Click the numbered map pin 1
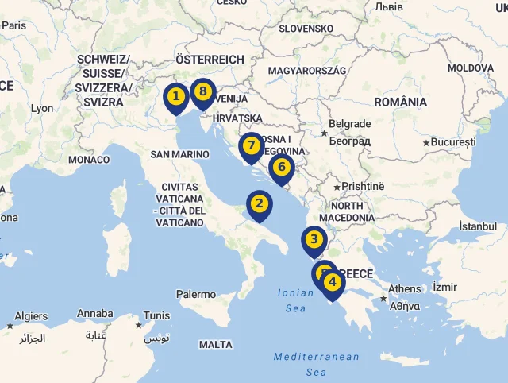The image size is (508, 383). tap(176, 97)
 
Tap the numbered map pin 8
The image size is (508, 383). tap(203, 91)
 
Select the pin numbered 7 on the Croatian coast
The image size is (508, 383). tap(251, 145)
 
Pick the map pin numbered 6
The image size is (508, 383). tap(281, 167)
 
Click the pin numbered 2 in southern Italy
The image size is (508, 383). tap(259, 203)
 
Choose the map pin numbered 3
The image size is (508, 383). tap(314, 240)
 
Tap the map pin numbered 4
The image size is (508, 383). tap(333, 282)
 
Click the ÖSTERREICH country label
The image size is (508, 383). tap(210, 60)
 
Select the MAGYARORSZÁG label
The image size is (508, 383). tap(307, 71)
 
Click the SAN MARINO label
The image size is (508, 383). tap(179, 153)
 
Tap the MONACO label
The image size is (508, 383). tap(89, 160)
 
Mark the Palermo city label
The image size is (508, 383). tap(195, 294)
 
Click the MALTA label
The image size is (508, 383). tap(216, 345)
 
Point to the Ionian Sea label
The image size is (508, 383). tap(295, 300)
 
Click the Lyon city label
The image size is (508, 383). tap(41, 108)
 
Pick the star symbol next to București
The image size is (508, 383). tap(426, 142)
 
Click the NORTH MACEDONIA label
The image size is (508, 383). tap(341, 211)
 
